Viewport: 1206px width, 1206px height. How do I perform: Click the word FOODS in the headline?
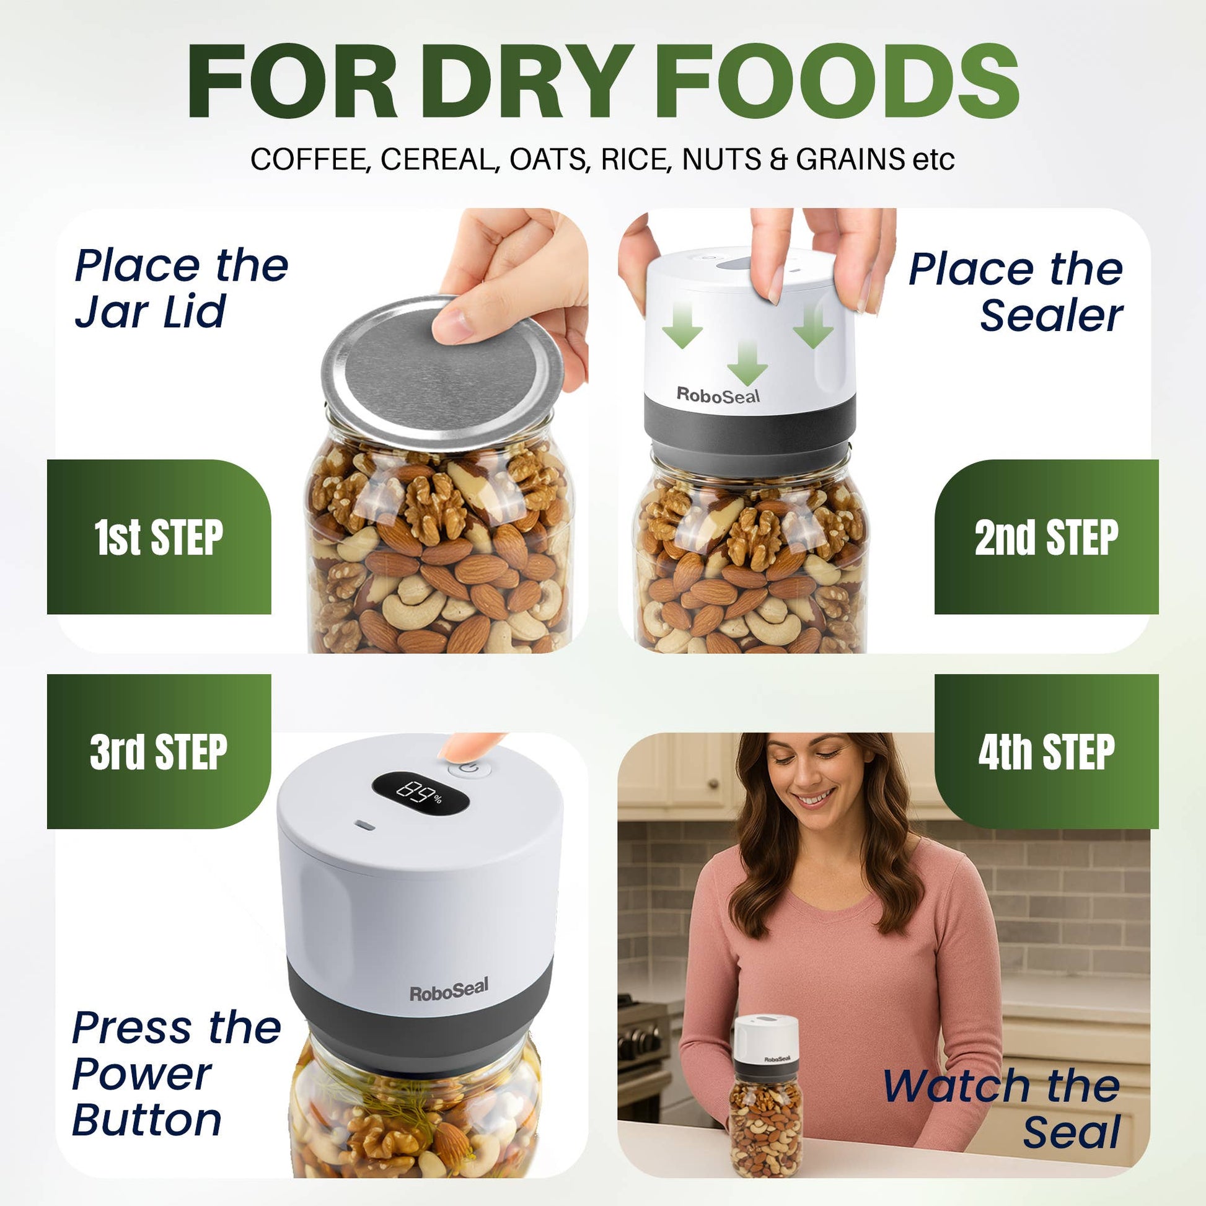tap(836, 82)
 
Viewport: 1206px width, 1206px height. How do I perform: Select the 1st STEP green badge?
tap(159, 537)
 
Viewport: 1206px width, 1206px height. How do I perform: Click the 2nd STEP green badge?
tap(1046, 537)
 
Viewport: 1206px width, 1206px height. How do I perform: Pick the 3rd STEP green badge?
tap(159, 752)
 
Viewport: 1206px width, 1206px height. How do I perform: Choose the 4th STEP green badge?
tap(1046, 752)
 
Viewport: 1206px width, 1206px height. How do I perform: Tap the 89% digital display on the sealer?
tap(420, 793)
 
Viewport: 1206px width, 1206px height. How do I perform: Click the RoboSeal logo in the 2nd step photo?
tap(718, 396)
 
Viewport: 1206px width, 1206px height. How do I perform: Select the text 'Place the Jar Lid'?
tap(181, 288)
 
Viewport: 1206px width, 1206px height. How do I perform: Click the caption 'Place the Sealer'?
tap(1016, 292)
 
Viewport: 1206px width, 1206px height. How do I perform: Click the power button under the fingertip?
tap(470, 770)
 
